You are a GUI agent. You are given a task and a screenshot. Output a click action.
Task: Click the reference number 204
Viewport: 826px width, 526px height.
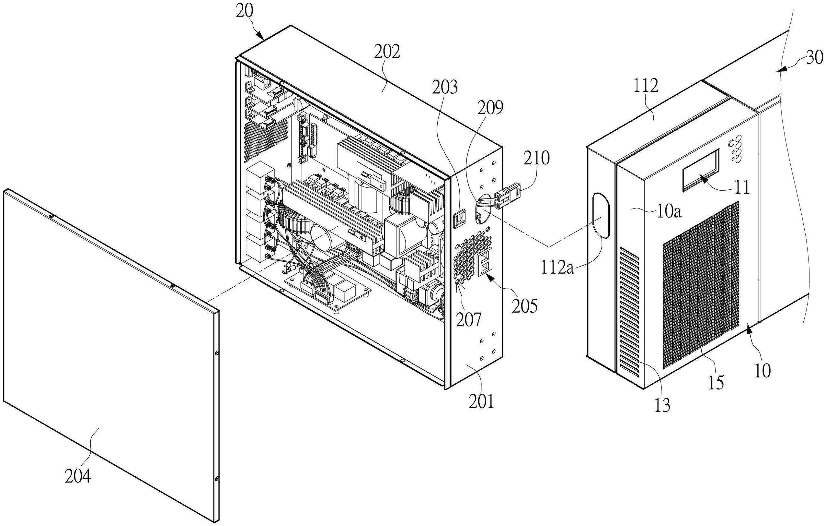pyautogui.click(x=78, y=477)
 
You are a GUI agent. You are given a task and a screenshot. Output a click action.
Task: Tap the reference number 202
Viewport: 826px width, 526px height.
pyautogui.click(x=387, y=52)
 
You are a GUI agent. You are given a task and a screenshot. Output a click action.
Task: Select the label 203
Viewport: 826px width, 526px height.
pyautogui.click(x=444, y=88)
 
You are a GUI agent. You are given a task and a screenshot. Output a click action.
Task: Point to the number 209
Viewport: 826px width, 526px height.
pyautogui.click(x=490, y=108)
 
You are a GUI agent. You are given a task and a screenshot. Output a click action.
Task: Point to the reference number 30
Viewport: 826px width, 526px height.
pyautogui.click(x=814, y=58)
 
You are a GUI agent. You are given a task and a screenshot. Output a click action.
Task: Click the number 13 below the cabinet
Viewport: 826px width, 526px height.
pyautogui.click(x=662, y=405)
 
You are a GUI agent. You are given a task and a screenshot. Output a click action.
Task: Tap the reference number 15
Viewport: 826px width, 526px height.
pyautogui.click(x=716, y=382)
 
